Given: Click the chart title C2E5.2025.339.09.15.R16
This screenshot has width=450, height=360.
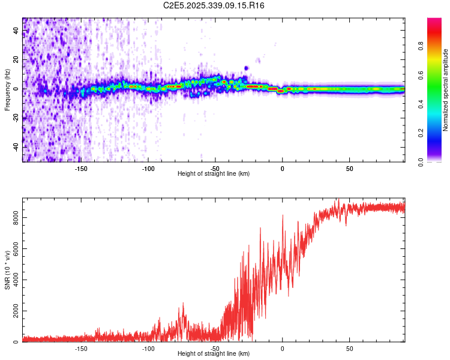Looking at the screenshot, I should pos(214,5).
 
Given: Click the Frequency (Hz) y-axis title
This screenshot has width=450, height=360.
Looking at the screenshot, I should pos(7,90).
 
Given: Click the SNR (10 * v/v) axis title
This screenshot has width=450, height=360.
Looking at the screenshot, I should pos(7,270).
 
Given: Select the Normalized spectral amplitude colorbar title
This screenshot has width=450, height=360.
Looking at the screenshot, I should pos(445,90).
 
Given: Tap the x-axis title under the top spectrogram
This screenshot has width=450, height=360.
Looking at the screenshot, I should pos(214,173).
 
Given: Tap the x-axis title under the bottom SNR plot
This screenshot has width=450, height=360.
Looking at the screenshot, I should pos(214,354).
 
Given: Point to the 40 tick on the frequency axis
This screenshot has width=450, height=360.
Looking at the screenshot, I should pos(16,31).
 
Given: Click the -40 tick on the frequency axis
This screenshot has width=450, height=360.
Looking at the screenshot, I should pos(16,146).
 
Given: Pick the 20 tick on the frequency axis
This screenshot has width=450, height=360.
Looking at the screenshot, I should pos(16,59).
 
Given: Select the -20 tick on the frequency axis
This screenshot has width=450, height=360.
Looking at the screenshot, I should pos(16,118).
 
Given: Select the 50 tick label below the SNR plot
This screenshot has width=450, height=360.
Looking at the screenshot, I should pos(350,348).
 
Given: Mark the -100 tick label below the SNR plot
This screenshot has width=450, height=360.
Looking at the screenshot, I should pos(148,348).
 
